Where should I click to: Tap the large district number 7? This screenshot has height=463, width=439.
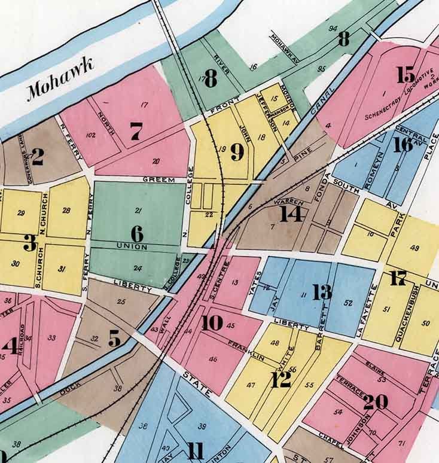pyautogui.click(x=136, y=131)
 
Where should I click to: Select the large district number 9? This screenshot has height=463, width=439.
pyautogui.click(x=237, y=153)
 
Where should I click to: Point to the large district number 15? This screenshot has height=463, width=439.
pyautogui.click(x=406, y=75)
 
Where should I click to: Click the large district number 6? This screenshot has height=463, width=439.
pyautogui.click(x=137, y=233)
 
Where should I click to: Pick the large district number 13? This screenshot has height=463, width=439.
pyautogui.click(x=322, y=292)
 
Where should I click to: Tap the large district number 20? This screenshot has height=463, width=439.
pyautogui.click(x=375, y=402)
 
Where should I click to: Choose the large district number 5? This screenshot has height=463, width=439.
pyautogui.click(x=114, y=339)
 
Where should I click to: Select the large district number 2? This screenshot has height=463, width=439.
pyautogui.click(x=36, y=157)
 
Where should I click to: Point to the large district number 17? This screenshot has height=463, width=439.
pyautogui.click(x=398, y=278)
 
